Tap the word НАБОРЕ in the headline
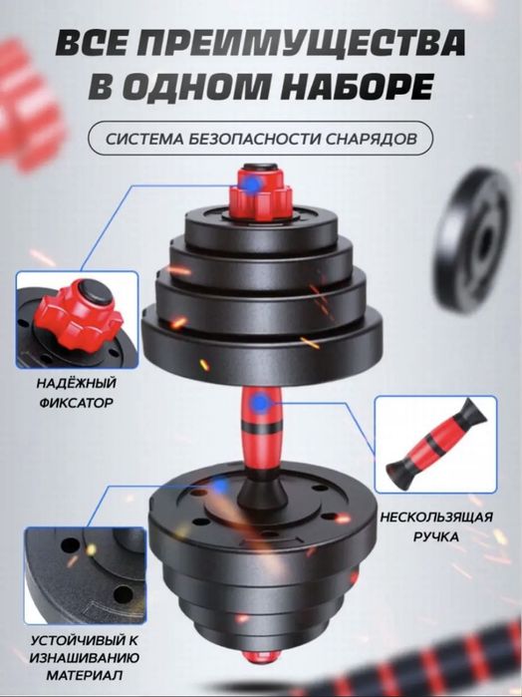tap(357, 86)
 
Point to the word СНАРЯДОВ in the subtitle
tap(371, 139)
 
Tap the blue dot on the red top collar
tap(252, 183)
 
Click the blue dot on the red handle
tap(259, 403)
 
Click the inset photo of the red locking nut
tap(78, 319)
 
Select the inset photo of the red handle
tap(435, 444)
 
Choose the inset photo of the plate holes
tap(86, 575)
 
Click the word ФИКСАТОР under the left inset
tap(77, 403)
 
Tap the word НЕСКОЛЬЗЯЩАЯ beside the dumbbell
tap(436, 517)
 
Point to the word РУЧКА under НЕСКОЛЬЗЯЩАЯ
tap(436, 536)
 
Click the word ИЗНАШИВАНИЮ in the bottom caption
tap(85, 657)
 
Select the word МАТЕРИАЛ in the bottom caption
tap(85, 675)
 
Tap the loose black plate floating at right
tap(472, 240)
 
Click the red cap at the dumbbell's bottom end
tap(261, 655)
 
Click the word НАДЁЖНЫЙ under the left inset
tap(77, 383)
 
